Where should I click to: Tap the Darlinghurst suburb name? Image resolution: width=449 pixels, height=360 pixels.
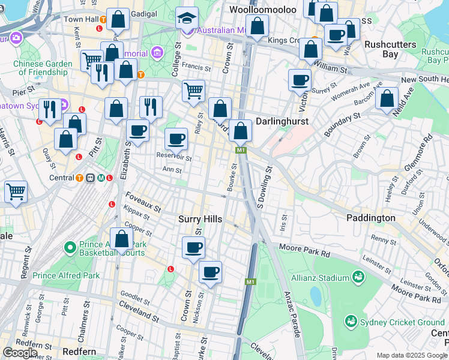(282, 121)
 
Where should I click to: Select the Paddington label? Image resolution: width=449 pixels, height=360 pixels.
(370, 218)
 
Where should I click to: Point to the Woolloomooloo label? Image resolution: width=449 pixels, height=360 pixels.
(263, 10)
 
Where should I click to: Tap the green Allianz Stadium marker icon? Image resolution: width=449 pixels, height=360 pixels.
(359, 277)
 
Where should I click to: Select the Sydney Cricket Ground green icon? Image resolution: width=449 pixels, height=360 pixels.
(351, 322)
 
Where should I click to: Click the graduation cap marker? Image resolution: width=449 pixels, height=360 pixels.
(187, 19)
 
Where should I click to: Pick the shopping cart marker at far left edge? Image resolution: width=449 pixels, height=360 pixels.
(16, 193)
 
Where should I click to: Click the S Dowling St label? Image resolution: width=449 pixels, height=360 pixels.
(264, 187)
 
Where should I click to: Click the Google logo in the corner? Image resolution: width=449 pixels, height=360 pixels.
(20, 352)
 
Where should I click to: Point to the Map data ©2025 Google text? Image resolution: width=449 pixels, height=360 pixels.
(412, 355)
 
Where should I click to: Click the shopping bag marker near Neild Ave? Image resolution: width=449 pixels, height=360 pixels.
(387, 99)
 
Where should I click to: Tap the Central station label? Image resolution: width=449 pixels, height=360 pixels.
(62, 178)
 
